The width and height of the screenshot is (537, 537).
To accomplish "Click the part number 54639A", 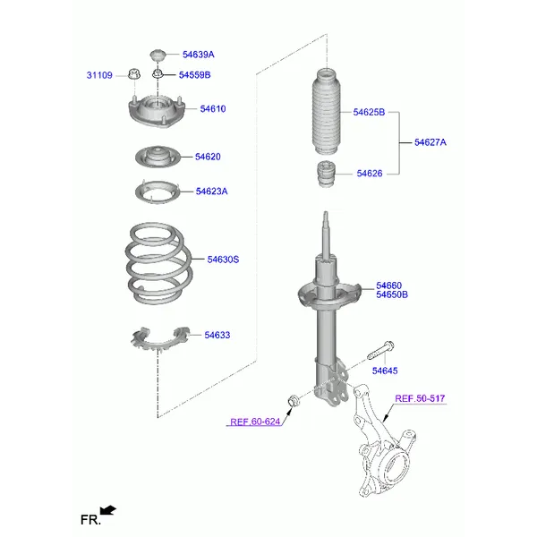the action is pos(199,55).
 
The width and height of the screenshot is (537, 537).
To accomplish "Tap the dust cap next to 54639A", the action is pos(158,55).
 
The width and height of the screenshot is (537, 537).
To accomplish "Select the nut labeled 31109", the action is pos(134,73).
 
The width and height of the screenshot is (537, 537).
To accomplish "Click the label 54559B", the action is pos(194,75).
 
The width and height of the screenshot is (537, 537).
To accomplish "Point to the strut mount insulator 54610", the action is pos(157,110).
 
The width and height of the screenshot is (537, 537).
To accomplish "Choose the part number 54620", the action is pos(208,157).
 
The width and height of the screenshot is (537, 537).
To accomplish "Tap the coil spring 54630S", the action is pos(159,264).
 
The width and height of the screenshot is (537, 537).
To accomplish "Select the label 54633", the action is pos(217,335).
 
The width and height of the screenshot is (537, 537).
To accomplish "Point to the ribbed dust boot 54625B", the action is pos(327,112).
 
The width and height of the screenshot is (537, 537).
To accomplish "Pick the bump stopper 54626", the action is pos(327,175).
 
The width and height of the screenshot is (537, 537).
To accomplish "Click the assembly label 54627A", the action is pos(430,142).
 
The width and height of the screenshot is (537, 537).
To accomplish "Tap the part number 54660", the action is pos(388,286).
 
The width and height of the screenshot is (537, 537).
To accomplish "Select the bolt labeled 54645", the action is pos(380,350).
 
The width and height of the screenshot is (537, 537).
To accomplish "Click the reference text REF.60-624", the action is pos(255,422).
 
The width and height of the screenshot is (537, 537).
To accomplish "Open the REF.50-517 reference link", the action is pos(420,398).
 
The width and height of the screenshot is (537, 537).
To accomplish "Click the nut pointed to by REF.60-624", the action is pos(294,400).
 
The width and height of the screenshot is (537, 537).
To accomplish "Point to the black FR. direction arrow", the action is pos(108,510).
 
